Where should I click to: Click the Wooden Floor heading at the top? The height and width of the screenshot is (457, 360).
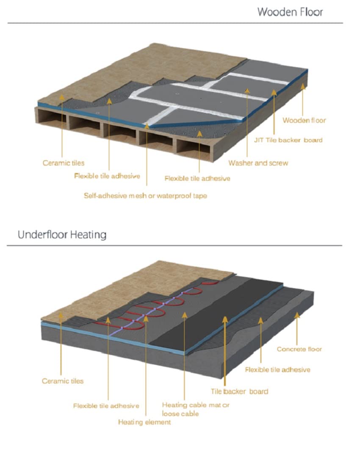[x=290, y=12]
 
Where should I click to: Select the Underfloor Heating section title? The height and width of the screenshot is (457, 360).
[x=62, y=235]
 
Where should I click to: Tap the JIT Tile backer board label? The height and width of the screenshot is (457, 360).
[x=288, y=140]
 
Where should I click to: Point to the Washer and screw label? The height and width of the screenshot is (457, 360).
[x=258, y=163]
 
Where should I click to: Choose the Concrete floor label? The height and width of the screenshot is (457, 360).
[x=299, y=349]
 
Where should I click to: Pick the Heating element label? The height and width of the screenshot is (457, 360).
[x=144, y=422]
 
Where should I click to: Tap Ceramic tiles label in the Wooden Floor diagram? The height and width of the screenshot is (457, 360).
[x=64, y=163]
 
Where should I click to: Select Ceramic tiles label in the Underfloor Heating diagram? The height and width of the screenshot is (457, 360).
[x=63, y=381]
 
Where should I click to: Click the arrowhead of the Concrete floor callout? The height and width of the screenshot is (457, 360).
[x=297, y=315]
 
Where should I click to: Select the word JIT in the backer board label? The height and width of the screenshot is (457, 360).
[x=259, y=140]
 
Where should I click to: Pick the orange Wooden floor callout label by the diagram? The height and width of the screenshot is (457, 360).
[x=304, y=120]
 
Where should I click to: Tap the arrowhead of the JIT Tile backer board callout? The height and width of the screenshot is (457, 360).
[x=274, y=93]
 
